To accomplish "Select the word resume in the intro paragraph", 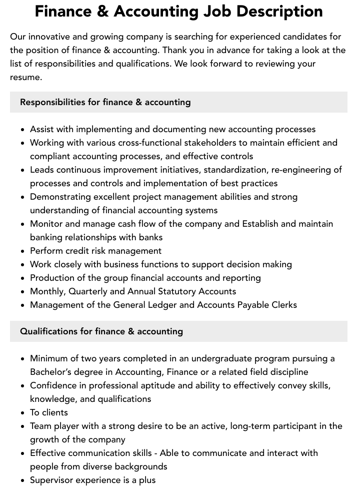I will (25, 77).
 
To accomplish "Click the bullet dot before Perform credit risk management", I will (23, 251).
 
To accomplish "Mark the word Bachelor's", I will (52, 372).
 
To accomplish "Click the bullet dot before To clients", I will (23, 413).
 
